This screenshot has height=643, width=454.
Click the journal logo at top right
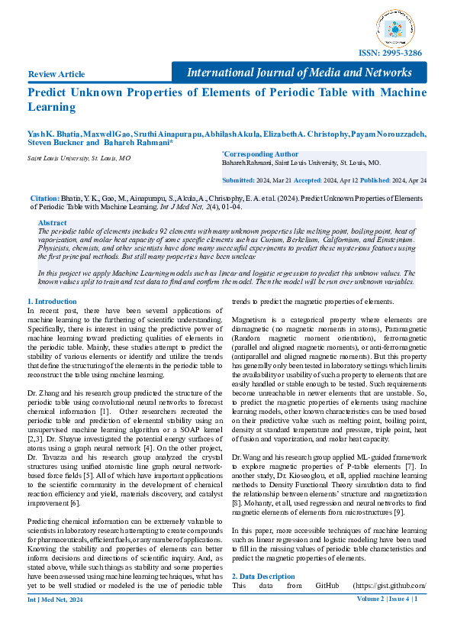point(398,28)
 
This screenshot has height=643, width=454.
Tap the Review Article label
point(56,74)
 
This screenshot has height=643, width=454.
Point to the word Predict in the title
point(48,93)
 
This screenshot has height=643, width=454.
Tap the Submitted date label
point(238,180)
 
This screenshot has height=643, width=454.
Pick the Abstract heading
point(52,222)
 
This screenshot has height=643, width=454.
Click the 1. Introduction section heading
point(52,302)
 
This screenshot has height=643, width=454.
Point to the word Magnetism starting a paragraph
point(250,317)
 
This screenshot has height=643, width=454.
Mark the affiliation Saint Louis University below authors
point(79,158)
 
